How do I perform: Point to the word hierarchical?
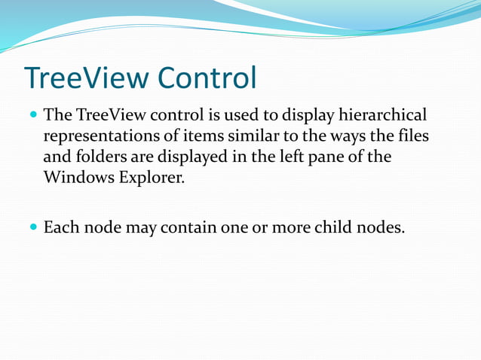tap(383, 115)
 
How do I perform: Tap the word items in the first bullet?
tap(185, 137)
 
